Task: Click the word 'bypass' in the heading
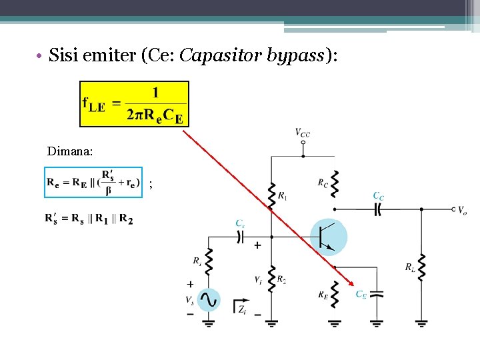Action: [295, 56]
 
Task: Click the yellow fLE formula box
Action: [134, 104]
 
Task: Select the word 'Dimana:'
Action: [70, 151]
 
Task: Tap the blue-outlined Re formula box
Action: [93, 182]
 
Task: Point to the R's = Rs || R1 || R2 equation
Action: [89, 218]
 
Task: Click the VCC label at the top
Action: [303, 133]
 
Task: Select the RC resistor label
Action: [323, 181]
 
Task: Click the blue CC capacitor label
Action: [378, 196]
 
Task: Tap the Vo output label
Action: [462, 210]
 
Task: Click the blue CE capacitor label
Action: [361, 293]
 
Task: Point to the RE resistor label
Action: [323, 293]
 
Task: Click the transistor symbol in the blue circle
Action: [329, 237]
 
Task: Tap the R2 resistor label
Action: [282, 279]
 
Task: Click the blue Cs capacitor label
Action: [239, 223]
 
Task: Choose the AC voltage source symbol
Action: [209, 300]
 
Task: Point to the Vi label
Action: [258, 280]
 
